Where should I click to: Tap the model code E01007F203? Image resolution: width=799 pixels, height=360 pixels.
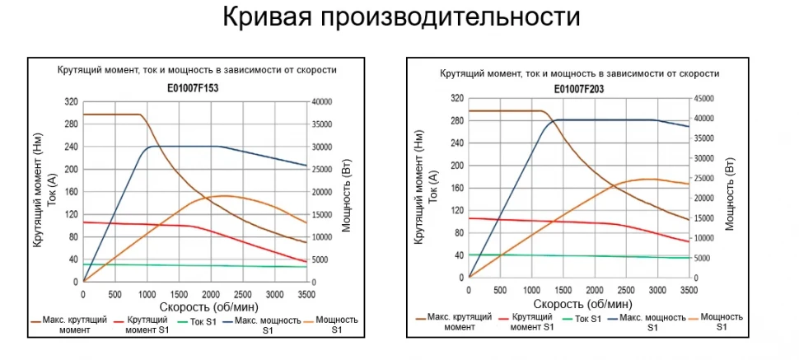click(x=579, y=87)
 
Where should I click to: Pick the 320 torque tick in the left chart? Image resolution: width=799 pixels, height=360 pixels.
click(x=72, y=102)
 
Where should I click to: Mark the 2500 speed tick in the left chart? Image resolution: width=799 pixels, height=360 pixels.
click(x=242, y=293)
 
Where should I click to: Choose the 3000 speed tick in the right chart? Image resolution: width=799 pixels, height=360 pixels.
click(x=657, y=290)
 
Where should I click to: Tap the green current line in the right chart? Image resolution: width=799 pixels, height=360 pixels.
click(x=577, y=256)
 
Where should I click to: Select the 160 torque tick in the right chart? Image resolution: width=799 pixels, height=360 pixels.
click(x=457, y=188)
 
